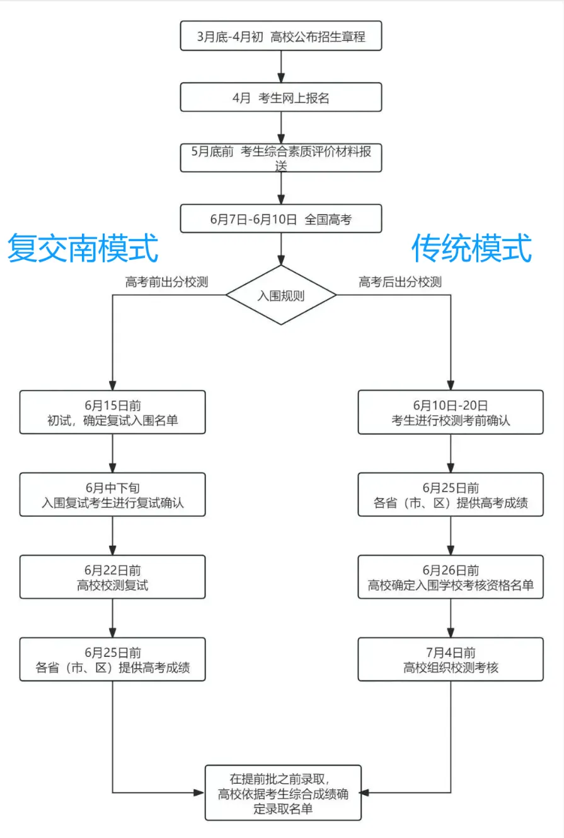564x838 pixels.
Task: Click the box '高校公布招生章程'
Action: (281, 36)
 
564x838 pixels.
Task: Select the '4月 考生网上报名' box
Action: (281, 98)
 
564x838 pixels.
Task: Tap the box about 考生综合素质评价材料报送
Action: (281, 158)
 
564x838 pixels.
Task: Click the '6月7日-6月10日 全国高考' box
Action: (281, 219)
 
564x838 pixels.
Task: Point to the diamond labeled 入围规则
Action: (281, 295)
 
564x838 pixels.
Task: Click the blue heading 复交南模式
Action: (83, 248)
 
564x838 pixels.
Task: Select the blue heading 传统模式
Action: (471, 248)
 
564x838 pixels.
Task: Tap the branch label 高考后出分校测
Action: (400, 282)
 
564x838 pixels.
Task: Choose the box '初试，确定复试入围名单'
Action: (112, 412)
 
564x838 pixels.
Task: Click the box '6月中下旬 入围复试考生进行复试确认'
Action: (112, 495)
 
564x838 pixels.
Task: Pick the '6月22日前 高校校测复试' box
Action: (112, 577)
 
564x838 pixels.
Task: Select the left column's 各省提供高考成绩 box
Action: (112, 659)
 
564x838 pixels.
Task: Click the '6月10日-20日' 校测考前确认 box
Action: (451, 412)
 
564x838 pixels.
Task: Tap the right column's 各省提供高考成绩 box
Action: (451, 495)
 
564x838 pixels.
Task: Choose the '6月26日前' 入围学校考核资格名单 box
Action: (451, 577)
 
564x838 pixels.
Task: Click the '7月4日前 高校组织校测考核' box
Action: (451, 659)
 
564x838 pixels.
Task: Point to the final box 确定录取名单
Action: (283, 793)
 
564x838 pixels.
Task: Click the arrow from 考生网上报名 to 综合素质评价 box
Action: (281, 128)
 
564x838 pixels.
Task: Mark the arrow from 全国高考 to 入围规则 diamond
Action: (281, 249)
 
